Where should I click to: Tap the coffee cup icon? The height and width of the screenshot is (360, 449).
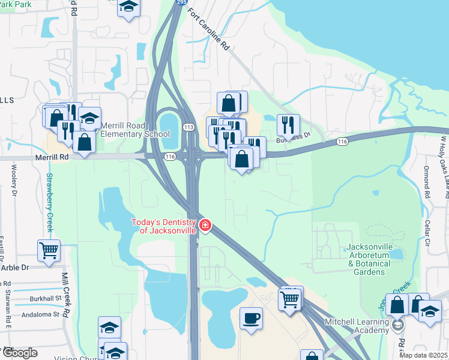click(251, 317)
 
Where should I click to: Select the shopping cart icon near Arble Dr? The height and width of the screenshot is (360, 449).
click(49, 250)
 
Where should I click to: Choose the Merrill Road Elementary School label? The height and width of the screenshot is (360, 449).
click(135, 130)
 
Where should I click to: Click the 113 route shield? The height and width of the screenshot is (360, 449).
click(188, 127)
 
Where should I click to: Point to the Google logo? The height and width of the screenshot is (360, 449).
click(19, 353)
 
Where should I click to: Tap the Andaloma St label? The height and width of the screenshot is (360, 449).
click(40, 314)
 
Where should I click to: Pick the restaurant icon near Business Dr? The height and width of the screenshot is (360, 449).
click(289, 125)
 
